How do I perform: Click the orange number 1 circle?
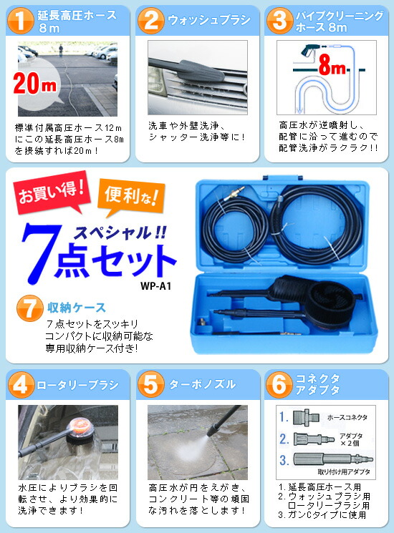point(21,21)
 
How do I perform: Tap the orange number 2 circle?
point(151,21)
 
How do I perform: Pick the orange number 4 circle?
point(22,384)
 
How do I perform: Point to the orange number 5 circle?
point(151,384)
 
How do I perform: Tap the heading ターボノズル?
point(201,384)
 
